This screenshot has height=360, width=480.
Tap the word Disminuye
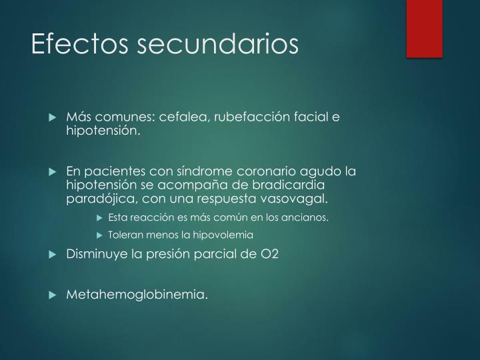click(x=95, y=254)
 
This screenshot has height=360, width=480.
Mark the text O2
click(x=273, y=254)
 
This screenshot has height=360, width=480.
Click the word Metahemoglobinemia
click(x=137, y=293)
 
